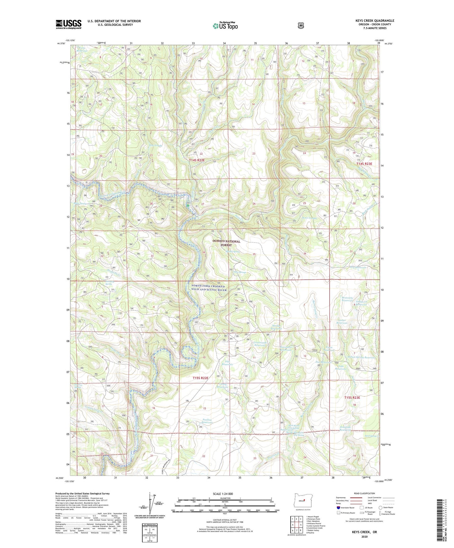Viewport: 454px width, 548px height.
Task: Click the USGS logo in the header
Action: (68, 24)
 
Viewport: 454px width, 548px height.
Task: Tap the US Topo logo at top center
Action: (225, 25)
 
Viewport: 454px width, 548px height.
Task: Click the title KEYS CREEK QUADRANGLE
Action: (375, 21)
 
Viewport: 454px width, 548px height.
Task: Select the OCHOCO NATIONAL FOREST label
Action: (226, 243)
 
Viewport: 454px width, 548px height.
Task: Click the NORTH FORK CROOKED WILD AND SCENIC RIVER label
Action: (209, 288)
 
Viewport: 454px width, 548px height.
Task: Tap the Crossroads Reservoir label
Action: (260, 344)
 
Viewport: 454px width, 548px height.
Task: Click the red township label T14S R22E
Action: (197, 160)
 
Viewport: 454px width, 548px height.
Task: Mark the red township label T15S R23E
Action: (352, 397)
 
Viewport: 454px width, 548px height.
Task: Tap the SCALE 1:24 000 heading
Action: (223, 494)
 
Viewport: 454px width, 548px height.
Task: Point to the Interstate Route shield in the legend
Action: (338, 508)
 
